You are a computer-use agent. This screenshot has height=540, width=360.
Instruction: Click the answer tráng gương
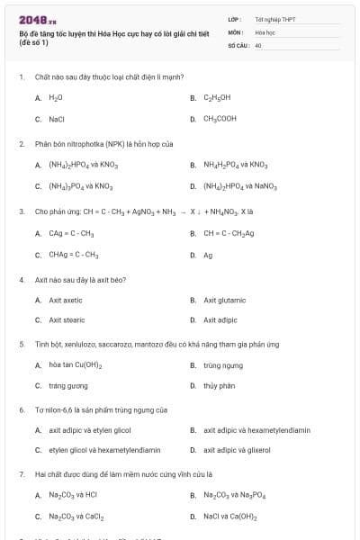click(68, 386)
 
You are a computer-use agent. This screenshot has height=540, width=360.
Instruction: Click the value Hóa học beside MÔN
click(265, 31)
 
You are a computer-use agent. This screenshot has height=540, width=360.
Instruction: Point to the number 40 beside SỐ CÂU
click(258, 44)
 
